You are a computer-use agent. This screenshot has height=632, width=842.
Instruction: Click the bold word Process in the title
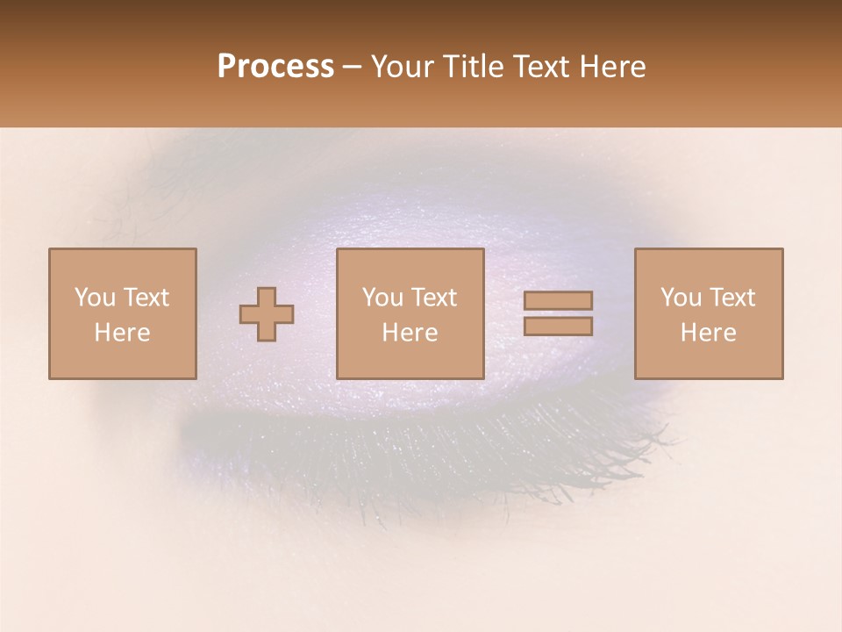click(x=275, y=67)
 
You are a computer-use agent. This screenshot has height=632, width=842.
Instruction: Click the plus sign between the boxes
click(x=267, y=314)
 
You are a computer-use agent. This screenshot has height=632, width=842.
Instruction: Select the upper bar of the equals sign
click(x=558, y=300)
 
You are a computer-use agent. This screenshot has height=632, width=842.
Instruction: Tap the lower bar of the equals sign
click(x=558, y=327)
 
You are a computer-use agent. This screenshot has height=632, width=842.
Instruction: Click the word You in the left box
click(x=95, y=298)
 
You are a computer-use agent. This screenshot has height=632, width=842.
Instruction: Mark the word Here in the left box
click(x=122, y=333)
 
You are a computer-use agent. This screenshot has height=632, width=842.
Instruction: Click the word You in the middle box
click(x=382, y=298)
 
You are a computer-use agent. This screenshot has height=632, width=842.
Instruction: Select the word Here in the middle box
click(x=410, y=333)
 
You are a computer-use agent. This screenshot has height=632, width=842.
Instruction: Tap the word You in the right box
click(x=681, y=298)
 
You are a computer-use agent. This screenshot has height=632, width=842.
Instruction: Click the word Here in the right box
click(x=708, y=333)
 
